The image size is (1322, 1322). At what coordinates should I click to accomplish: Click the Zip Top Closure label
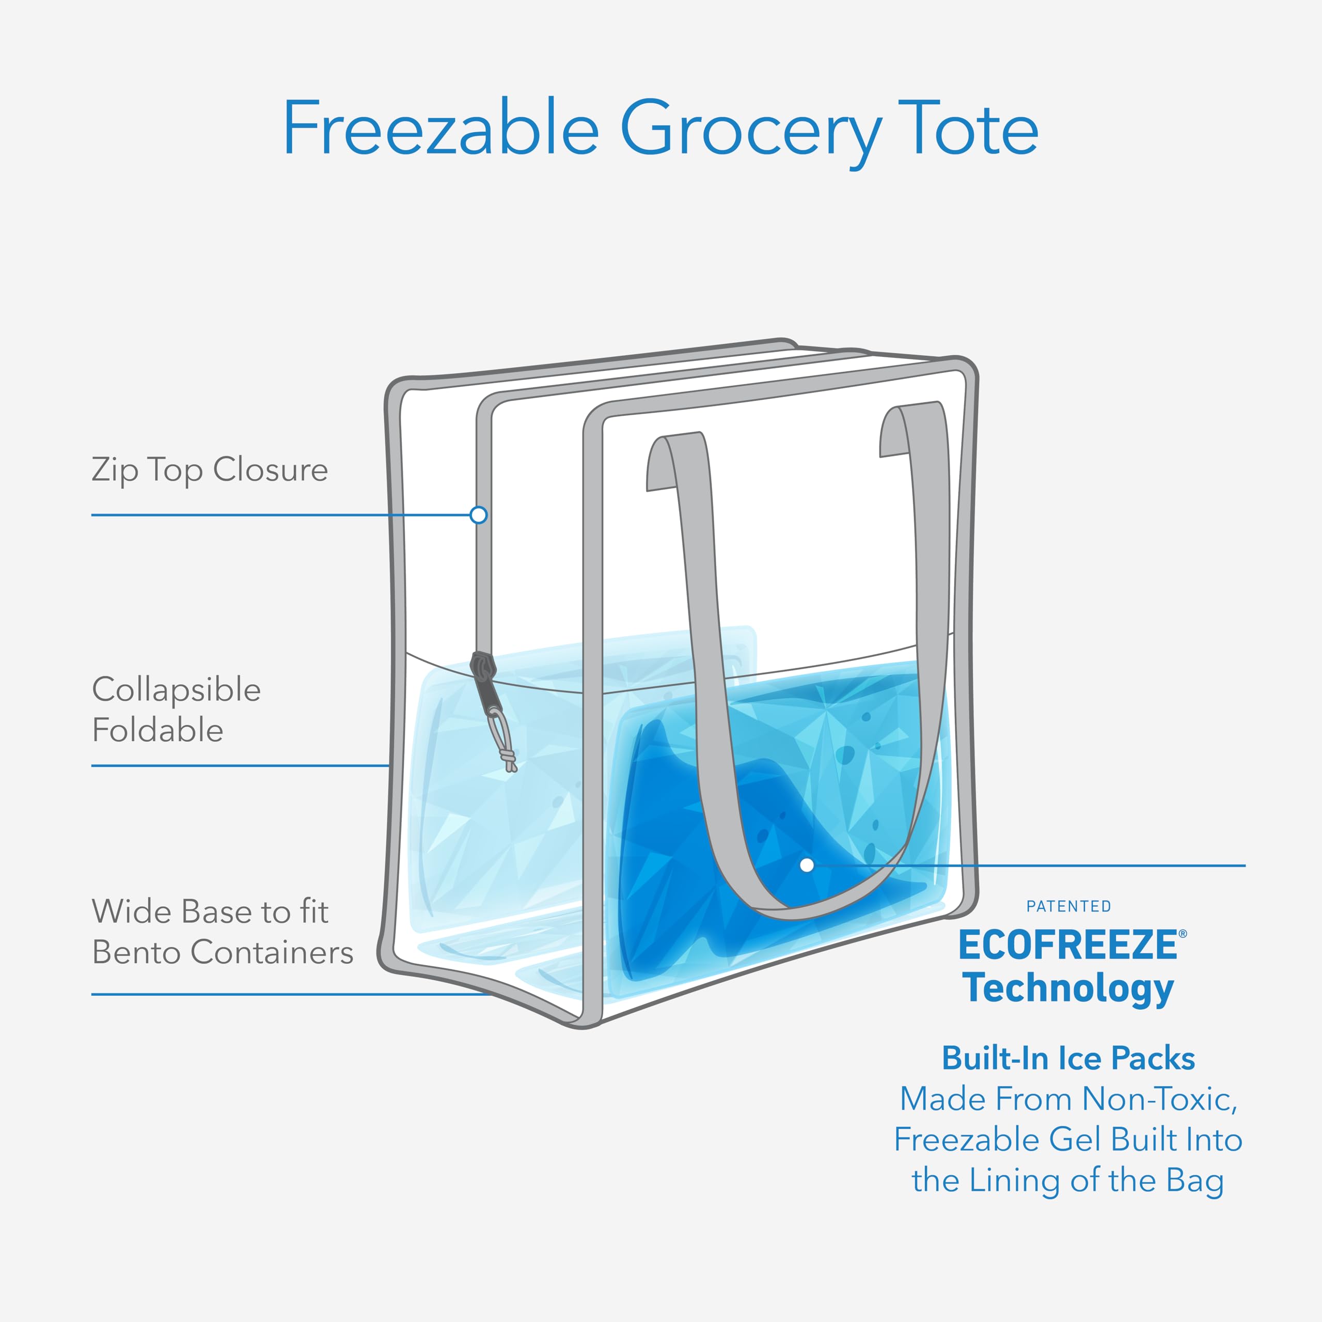tap(209, 470)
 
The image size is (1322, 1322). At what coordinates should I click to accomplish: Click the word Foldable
tap(158, 730)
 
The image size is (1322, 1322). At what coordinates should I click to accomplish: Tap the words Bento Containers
tap(223, 952)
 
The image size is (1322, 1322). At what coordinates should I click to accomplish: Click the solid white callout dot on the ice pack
tap(807, 865)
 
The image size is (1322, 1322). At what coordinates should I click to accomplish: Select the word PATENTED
tap(1068, 907)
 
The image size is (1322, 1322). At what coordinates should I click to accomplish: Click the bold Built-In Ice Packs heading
tap(1068, 1059)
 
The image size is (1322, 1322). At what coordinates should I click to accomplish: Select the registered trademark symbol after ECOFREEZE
tap(1183, 933)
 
